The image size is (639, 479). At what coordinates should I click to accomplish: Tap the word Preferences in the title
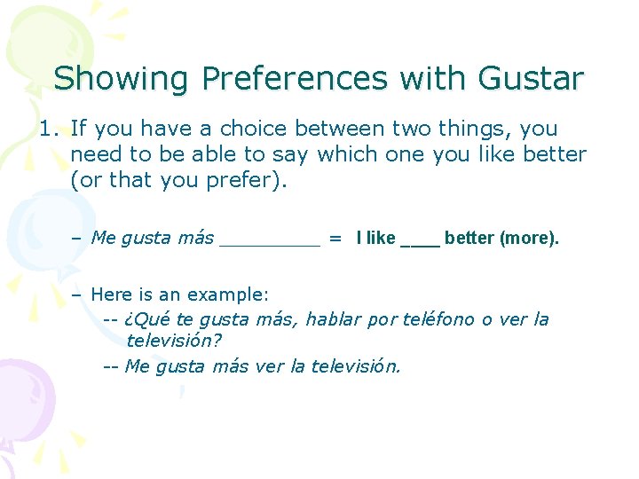click(295, 79)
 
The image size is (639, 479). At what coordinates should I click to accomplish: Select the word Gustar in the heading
click(530, 79)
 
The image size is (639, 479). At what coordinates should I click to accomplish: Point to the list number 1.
click(48, 130)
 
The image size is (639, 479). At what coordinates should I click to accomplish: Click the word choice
click(259, 130)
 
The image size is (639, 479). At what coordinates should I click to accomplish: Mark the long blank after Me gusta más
click(269, 239)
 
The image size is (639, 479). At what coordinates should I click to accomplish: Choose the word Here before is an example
click(112, 294)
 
